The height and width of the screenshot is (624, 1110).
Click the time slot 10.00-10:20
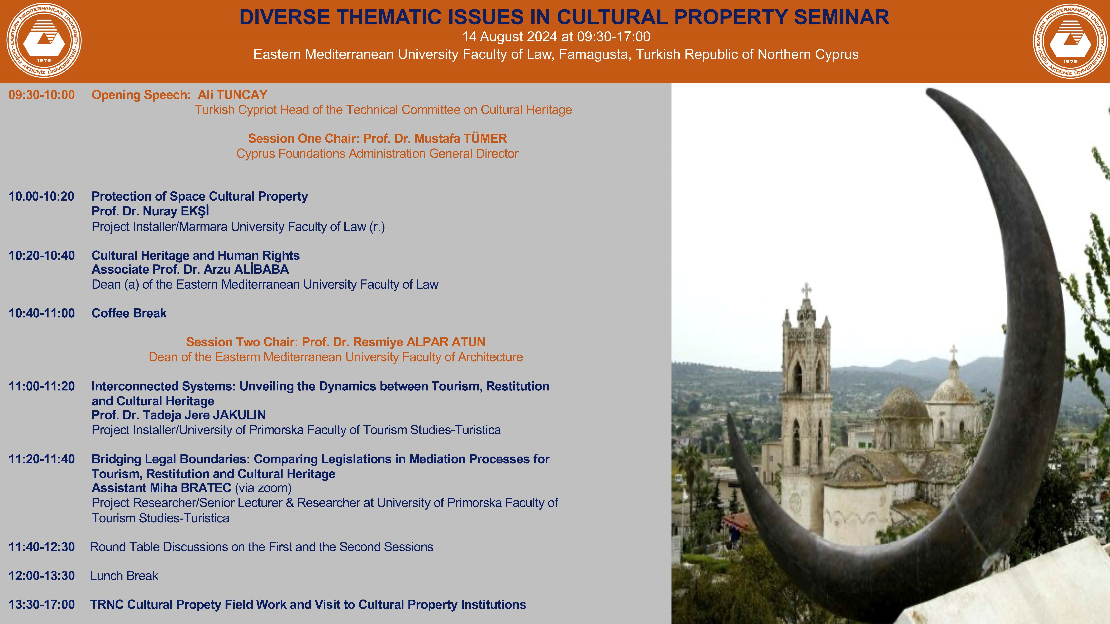(41, 196)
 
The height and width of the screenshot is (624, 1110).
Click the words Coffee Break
(129, 313)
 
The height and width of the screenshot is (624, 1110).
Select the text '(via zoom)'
(263, 488)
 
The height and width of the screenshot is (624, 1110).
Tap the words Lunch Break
(124, 576)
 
